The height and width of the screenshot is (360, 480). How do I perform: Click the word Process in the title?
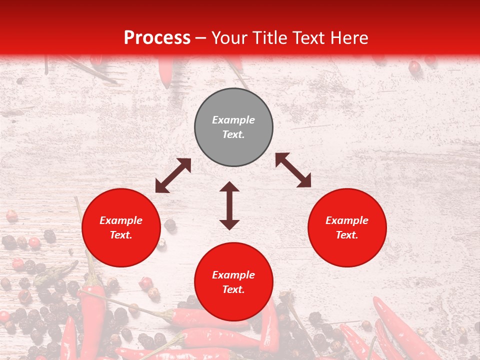[x=157, y=38]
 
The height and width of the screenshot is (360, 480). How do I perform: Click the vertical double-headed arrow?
[x=229, y=205]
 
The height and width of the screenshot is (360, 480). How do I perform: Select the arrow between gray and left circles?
[x=173, y=175]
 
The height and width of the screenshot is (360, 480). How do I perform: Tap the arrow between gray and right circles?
[x=293, y=170]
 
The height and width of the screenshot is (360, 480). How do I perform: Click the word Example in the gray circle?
[x=233, y=120]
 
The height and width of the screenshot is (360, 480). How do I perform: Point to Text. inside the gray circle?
[x=233, y=134]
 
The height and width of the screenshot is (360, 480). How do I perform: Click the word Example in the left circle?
[x=121, y=220]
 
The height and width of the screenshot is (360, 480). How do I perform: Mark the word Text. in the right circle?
[x=347, y=235]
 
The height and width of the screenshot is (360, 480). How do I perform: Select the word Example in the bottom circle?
[x=233, y=275]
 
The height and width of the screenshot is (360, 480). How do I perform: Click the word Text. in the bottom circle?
[x=233, y=289]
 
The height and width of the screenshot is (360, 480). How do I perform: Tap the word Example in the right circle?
[x=347, y=220]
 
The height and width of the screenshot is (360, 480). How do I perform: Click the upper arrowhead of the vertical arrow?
[x=229, y=187]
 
